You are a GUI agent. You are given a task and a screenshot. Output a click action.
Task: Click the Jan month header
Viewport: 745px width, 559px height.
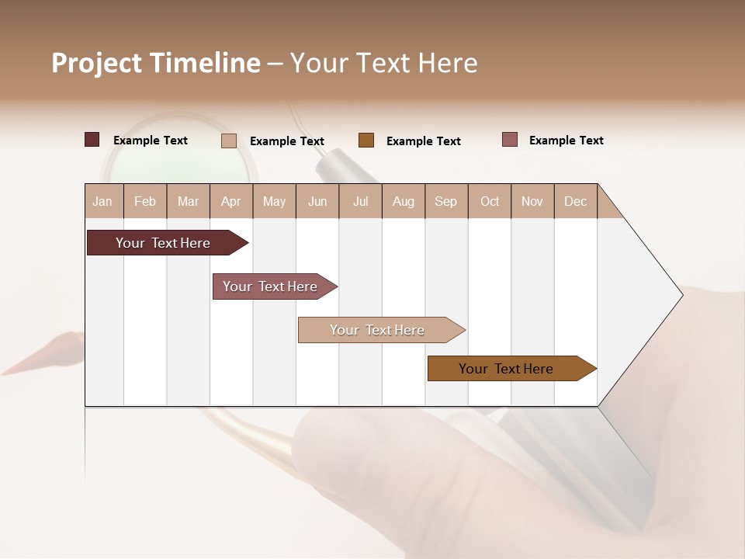103,201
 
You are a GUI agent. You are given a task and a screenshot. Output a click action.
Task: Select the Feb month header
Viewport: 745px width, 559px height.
145,201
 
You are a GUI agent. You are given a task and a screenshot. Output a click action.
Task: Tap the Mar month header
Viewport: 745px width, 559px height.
188,201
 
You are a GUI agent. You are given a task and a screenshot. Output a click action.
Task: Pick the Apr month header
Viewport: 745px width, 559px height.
231,201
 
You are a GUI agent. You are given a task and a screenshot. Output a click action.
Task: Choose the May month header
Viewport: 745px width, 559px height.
274,201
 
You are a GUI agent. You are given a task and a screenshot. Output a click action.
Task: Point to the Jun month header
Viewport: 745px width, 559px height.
317,201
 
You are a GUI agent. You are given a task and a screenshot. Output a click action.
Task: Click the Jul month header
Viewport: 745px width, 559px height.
360,201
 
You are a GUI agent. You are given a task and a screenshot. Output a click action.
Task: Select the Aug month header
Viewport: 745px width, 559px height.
404,201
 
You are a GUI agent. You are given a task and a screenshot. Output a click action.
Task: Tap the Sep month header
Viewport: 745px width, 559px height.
446,201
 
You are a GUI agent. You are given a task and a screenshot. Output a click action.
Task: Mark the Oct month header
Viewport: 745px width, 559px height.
490,201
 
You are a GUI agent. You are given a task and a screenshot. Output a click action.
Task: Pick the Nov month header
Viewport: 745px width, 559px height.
532,201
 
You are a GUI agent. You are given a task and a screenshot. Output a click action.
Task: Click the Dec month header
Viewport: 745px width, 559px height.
576,201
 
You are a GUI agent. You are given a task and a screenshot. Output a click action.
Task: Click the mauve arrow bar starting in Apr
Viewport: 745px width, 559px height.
272,286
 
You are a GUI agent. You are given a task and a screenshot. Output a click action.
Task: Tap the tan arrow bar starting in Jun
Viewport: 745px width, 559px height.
379,330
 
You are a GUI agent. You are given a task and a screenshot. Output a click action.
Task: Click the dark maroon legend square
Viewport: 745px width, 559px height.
92,140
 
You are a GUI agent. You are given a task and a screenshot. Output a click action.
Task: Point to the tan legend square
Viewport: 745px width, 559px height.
229,141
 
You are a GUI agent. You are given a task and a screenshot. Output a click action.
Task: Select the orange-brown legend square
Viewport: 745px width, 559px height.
366,141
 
